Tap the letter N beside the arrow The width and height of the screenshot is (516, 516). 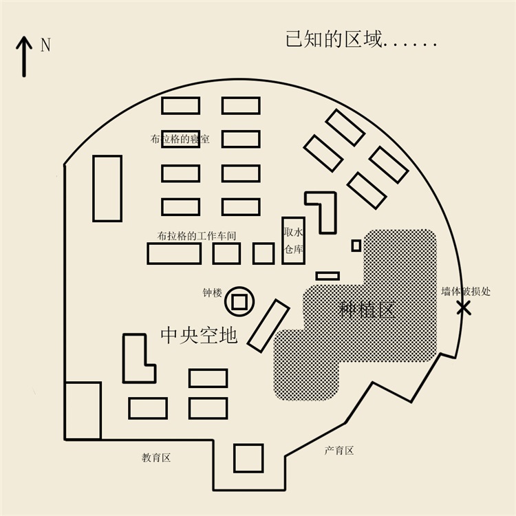(45, 45)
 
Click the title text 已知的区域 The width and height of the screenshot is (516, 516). (334, 39)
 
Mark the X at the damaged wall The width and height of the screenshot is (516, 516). (464, 308)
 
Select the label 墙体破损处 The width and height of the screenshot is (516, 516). (466, 292)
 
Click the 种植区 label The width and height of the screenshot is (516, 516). (367, 309)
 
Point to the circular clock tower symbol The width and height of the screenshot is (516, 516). (239, 301)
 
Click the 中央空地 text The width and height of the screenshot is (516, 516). (199, 335)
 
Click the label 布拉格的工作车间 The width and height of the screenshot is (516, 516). (197, 235)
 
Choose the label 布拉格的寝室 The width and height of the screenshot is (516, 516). (180, 140)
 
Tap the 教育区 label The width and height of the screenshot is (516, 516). (156, 458)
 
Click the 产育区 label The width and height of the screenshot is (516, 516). (339, 451)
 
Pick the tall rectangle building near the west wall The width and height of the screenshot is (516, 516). (107, 189)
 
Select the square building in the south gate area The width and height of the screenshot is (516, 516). (248, 458)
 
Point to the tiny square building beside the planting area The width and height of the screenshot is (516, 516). (356, 245)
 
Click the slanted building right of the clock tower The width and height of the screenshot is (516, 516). (268, 325)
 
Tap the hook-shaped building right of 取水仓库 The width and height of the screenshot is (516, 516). (325, 210)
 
